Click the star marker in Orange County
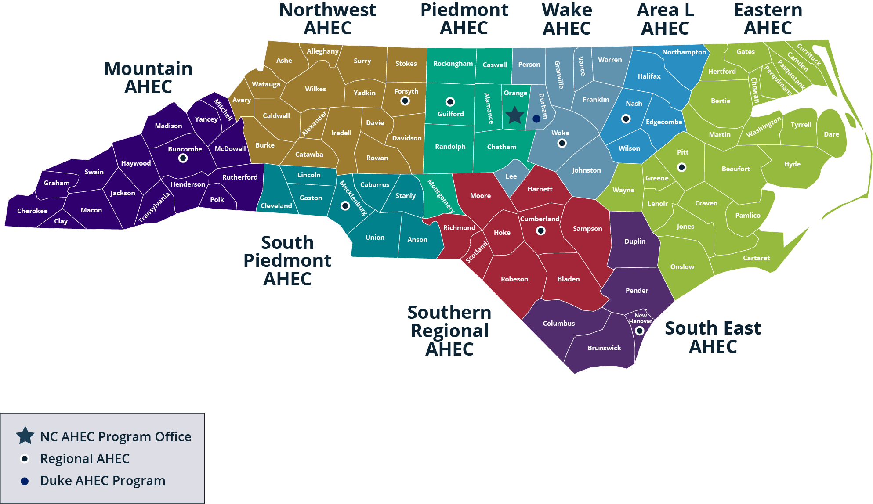click(514, 115)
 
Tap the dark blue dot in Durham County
click(536, 119)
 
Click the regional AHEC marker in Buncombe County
click(183, 158)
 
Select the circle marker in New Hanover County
click(640, 331)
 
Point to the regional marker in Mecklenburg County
click(345, 206)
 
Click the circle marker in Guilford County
click(450, 102)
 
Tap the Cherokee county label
click(32, 211)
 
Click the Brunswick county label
click(604, 348)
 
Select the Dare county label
click(831, 134)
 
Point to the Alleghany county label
click(322, 51)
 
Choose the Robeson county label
click(514, 279)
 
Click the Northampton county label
click(684, 52)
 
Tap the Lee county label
click(511, 176)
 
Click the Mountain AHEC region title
click(149, 78)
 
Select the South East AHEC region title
click(713, 337)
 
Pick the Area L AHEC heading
click(665, 19)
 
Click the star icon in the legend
click(25, 436)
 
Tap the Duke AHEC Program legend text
click(103, 481)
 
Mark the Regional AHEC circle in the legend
click(25, 459)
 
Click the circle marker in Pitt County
click(681, 167)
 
